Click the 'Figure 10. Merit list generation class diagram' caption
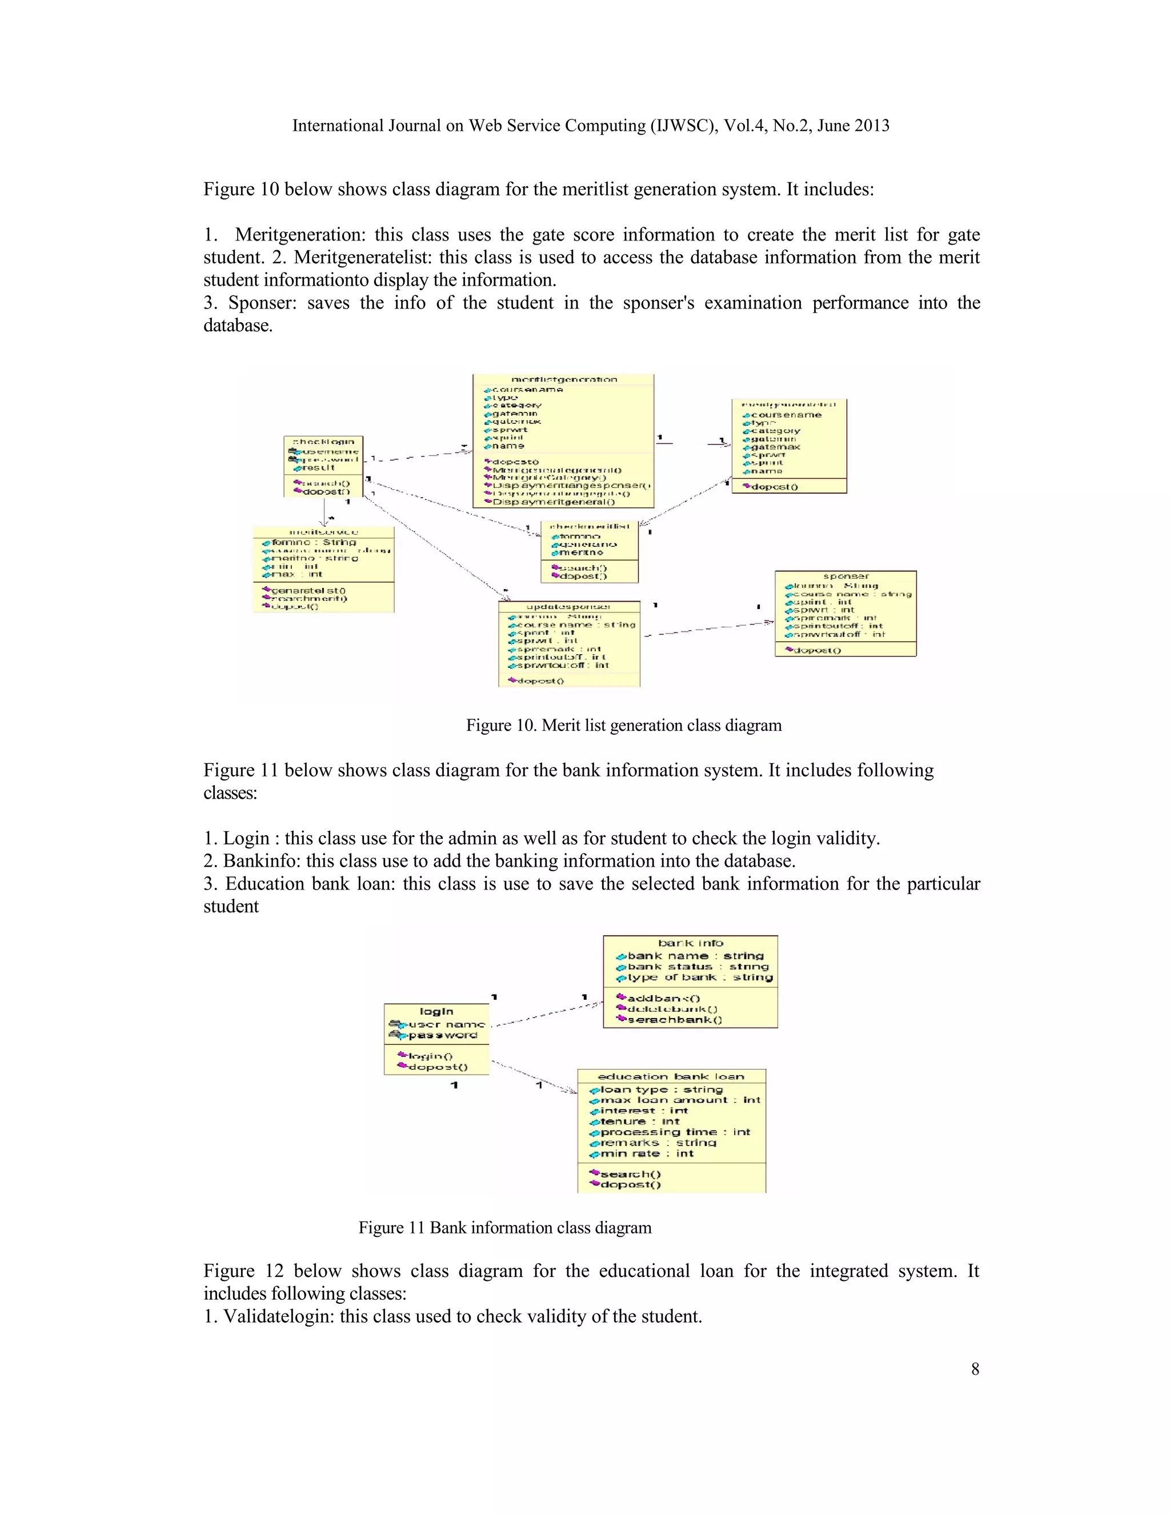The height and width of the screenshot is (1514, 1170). (623, 725)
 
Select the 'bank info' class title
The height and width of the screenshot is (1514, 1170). (690, 943)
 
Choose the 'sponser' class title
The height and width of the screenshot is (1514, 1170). (846, 576)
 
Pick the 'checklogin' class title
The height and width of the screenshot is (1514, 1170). (324, 442)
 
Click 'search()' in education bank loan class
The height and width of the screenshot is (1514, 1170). (630, 1173)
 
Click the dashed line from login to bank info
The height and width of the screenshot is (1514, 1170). (547, 1014)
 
